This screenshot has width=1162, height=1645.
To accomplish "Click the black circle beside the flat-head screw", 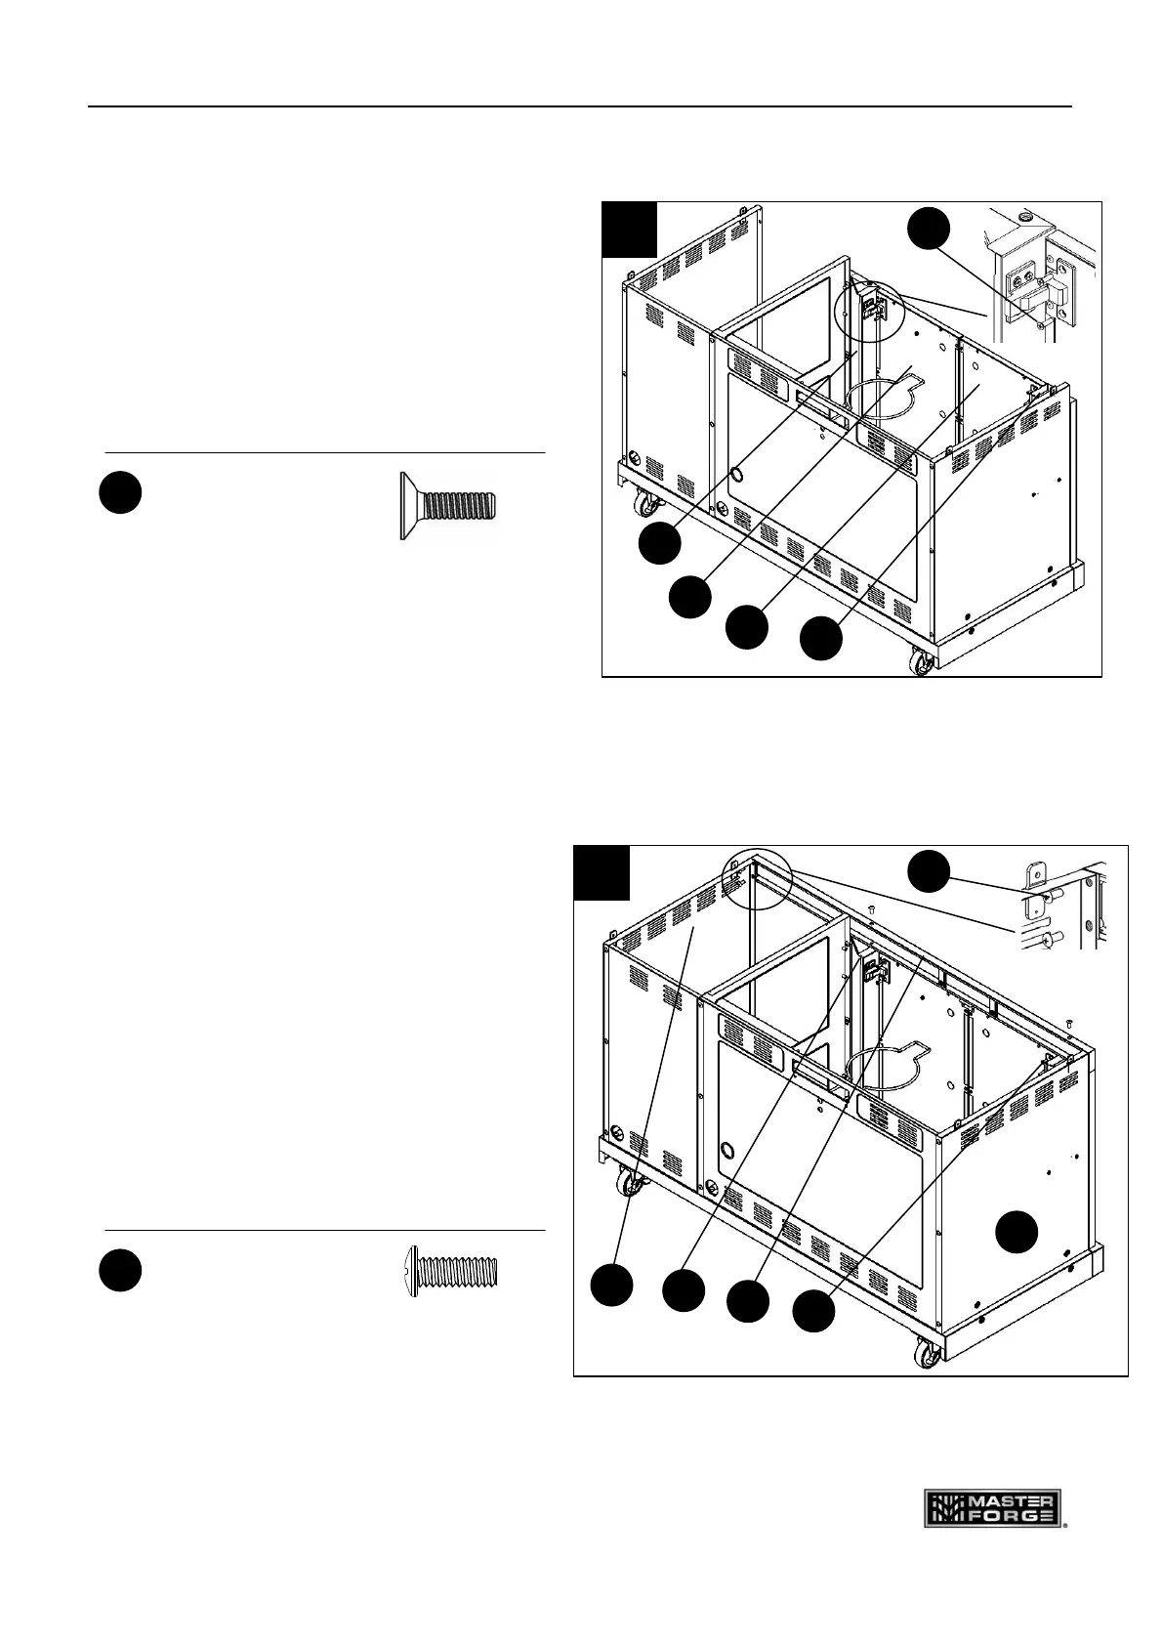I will tap(120, 494).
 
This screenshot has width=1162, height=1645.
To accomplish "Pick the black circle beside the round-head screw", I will tap(120, 1270).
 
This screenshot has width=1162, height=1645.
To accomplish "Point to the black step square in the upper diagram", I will tap(629, 229).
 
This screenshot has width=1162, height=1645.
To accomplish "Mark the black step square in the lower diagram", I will tap(601, 872).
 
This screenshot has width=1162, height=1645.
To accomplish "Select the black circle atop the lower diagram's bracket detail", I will tap(930, 869).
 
